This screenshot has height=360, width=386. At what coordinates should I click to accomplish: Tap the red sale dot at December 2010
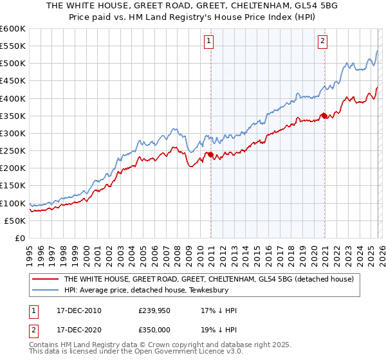tap(211, 154)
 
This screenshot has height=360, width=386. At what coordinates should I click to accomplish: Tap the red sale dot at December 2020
tap(325, 116)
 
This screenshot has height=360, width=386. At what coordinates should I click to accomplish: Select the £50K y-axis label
tap(15, 221)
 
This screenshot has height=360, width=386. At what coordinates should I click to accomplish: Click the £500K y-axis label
tap(13, 64)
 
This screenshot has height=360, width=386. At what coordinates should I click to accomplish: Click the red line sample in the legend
tap(45, 280)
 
